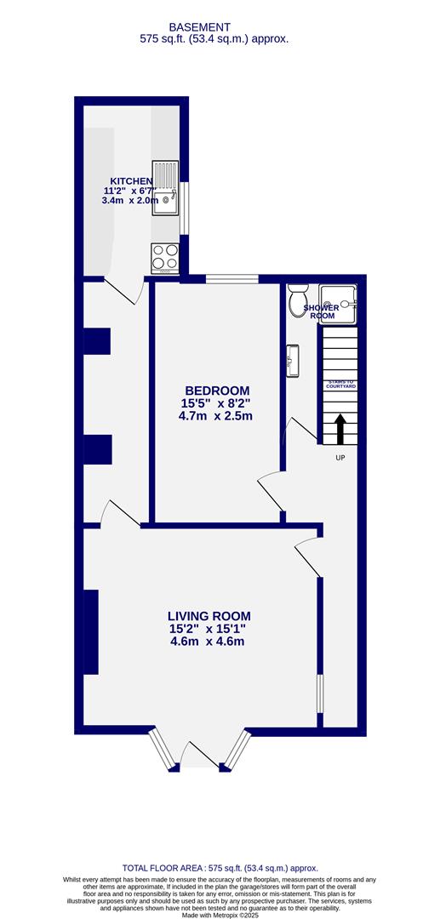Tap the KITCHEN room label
tap(128, 181)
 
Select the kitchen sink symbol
tap(165, 188)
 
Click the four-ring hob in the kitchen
tap(164, 257)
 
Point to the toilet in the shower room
tap(297, 300)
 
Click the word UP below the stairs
tap(340, 457)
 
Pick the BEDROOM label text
tap(215, 391)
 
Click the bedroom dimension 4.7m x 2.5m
tap(215, 416)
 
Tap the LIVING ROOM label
tap(209, 616)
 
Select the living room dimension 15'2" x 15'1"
tap(209, 629)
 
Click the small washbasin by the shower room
tap(294, 359)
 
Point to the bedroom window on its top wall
tap(232, 278)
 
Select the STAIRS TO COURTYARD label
tap(339, 385)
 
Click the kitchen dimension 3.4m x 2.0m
tap(130, 201)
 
